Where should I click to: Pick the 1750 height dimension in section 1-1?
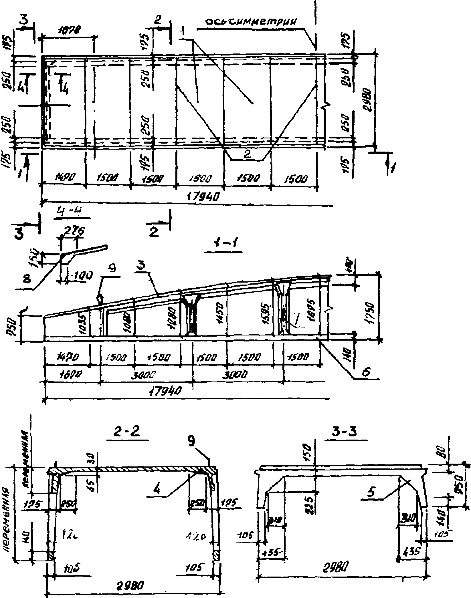pos(370,310)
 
